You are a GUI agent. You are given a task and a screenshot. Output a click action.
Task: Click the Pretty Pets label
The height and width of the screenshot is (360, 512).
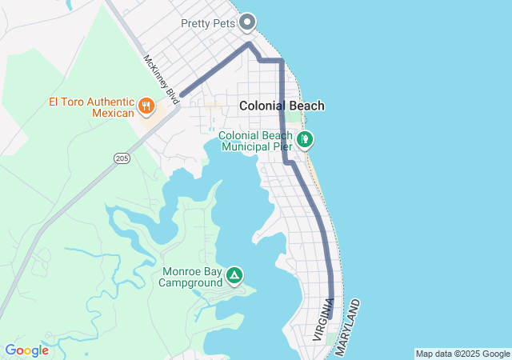pos(208,23)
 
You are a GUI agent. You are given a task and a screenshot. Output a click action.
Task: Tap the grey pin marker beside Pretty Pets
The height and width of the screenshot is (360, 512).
pos(248,22)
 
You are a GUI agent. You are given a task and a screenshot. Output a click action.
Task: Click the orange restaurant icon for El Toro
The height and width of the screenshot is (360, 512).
pos(146,105)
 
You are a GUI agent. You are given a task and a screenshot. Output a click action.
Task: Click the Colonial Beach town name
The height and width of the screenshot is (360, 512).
pos(282,106)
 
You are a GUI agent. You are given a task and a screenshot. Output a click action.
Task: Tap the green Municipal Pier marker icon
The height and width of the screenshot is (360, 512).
pos(305,140)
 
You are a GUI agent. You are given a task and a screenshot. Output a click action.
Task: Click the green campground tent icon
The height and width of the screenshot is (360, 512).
pos(234,276)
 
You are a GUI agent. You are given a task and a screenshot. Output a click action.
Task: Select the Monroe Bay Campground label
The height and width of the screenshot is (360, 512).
pos(192,277)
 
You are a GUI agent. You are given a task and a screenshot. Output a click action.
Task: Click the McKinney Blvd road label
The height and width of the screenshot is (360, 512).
pos(160,78)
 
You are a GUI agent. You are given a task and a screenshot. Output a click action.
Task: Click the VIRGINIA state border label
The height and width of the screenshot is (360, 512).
pos(323,320)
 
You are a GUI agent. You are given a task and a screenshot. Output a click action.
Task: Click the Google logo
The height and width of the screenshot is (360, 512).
pos(26,350)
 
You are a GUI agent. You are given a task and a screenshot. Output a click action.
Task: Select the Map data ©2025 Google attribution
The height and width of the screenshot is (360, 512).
pos(462,354)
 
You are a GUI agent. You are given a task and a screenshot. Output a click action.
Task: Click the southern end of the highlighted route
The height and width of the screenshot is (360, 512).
pos(330,318)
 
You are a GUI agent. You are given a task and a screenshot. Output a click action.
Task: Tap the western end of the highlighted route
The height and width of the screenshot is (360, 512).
pos(182,95)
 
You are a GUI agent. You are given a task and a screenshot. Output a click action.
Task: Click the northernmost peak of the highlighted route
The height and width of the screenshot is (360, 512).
pos(249,43)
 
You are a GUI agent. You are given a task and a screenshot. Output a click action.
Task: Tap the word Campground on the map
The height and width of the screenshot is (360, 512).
pos(192,282)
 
